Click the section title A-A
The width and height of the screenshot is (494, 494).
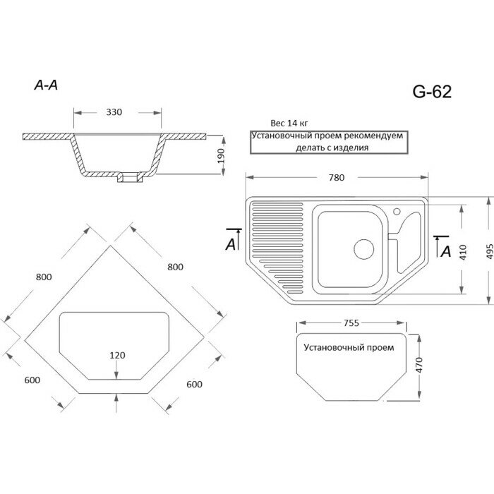[46, 85]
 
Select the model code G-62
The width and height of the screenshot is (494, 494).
[431, 91]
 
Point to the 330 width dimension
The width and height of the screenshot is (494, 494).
[114, 112]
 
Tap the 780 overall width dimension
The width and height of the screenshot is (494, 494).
[337, 178]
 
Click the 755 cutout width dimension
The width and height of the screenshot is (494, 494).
[351, 323]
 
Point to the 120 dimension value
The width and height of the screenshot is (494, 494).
[118, 355]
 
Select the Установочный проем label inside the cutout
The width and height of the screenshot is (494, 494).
[349, 348]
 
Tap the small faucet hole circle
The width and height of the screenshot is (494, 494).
[397, 211]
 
